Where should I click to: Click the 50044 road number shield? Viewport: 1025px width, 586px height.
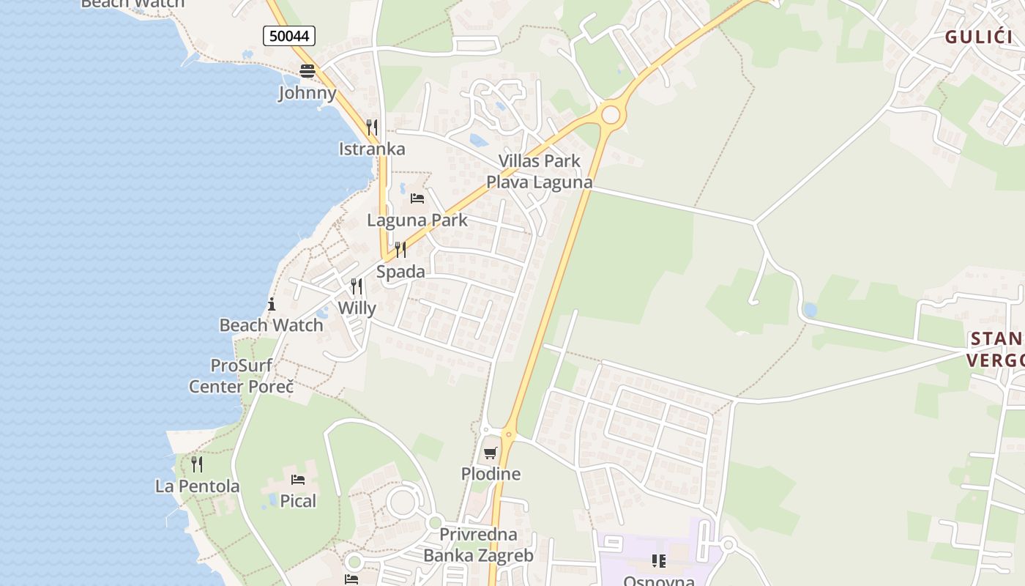pyautogui.click(x=289, y=36)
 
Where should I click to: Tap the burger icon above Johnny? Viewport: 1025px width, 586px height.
pyautogui.click(x=307, y=71)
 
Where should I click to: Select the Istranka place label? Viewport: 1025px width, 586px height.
pyautogui.click(x=372, y=149)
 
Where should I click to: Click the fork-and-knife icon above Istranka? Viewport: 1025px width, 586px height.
pyautogui.click(x=372, y=127)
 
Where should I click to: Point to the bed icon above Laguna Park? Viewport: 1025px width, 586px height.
pyautogui.click(x=417, y=199)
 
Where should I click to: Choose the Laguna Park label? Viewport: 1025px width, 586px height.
pyautogui.click(x=417, y=220)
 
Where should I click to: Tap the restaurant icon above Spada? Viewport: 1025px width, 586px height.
pyautogui.click(x=400, y=250)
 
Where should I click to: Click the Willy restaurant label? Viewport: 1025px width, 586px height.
pyautogui.click(x=357, y=308)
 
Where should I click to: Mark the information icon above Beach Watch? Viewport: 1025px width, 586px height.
pyautogui.click(x=272, y=304)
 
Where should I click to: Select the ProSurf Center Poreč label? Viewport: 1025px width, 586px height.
pyautogui.click(x=242, y=376)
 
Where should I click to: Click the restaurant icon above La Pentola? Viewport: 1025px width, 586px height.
pyautogui.click(x=197, y=464)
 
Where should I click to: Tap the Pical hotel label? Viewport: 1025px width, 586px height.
pyautogui.click(x=298, y=501)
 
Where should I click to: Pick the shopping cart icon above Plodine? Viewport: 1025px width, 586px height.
pyautogui.click(x=491, y=453)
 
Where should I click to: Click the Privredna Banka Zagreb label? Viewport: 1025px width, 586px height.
pyautogui.click(x=479, y=545)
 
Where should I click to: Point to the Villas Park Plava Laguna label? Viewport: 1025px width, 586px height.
pyautogui.click(x=540, y=171)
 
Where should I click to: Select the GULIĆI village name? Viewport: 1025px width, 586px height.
pyautogui.click(x=978, y=37)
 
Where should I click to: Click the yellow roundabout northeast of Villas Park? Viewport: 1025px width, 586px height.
pyautogui.click(x=611, y=114)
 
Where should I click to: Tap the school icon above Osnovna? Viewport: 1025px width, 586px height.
pyautogui.click(x=659, y=561)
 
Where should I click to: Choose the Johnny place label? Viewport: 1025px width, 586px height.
pyautogui.click(x=307, y=93)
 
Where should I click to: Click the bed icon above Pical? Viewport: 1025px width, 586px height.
pyautogui.click(x=298, y=480)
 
